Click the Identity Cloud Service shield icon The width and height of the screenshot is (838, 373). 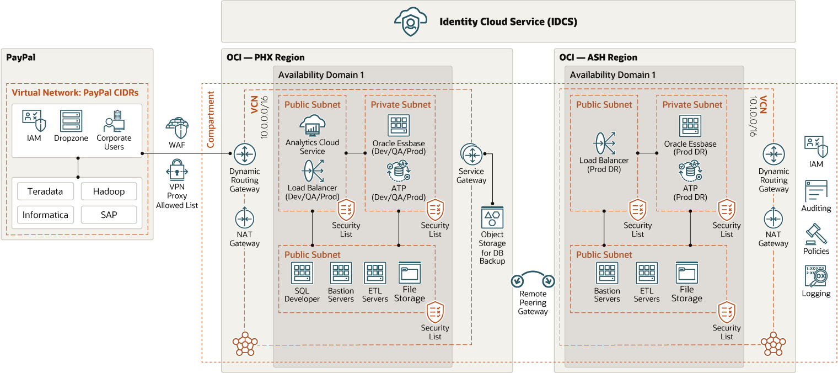411,22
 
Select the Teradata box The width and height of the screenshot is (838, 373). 45,191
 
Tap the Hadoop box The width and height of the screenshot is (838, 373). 109,191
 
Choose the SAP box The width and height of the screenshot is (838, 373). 109,215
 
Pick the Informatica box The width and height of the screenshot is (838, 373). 45,215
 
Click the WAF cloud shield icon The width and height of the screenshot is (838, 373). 177,127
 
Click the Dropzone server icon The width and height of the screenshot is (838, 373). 71,121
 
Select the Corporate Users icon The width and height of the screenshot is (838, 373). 114,121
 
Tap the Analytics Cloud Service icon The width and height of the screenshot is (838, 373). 313,126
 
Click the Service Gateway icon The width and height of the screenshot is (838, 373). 471,156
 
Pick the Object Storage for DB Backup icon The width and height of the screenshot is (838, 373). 492,218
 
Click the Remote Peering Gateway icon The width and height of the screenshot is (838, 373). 533,280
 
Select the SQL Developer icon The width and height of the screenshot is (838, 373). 302,273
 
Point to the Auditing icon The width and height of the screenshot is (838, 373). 816,191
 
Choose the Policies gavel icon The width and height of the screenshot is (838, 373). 816,234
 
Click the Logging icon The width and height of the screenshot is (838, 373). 816,276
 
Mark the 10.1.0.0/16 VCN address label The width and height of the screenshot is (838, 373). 754,116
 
